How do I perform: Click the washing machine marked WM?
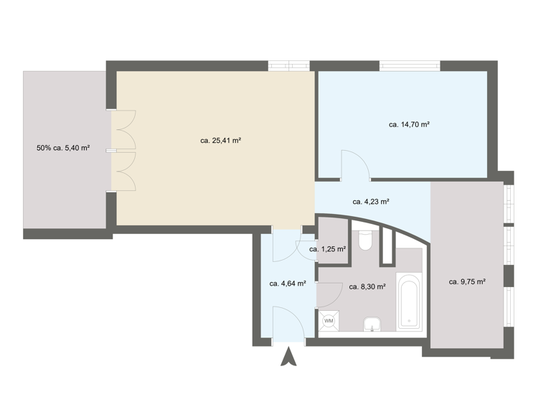tap(329, 322)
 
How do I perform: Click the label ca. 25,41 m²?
tap(220, 141)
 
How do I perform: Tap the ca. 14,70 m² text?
tap(409, 124)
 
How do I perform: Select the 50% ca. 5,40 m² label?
tap(63, 149)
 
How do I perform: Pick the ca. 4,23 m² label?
tap(371, 202)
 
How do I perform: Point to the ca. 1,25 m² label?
tap(327, 249)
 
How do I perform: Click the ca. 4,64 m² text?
tap(288, 284)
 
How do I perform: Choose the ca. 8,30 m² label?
tap(367, 286)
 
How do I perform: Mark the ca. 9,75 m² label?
tap(467, 282)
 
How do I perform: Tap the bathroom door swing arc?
tap(329, 294)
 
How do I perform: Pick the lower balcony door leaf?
tap(124, 172)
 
